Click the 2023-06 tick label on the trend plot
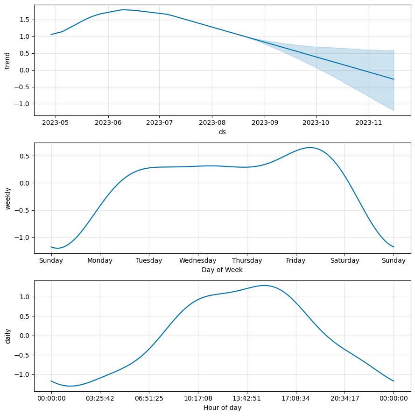click(108, 122)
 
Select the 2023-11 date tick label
click(369, 122)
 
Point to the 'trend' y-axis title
click(7, 60)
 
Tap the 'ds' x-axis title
click(222, 132)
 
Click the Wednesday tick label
click(198, 261)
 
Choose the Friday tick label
click(296, 261)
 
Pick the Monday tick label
click(100, 261)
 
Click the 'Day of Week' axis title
click(222, 270)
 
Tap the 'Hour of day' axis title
click(222, 408)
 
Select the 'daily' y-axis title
click(7, 336)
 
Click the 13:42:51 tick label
click(247, 399)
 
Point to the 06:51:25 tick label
click(149, 399)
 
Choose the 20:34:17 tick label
click(345, 399)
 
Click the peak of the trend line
click(123, 9)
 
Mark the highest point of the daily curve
click(265, 285)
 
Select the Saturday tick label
click(345, 261)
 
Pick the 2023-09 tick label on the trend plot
click(265, 122)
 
